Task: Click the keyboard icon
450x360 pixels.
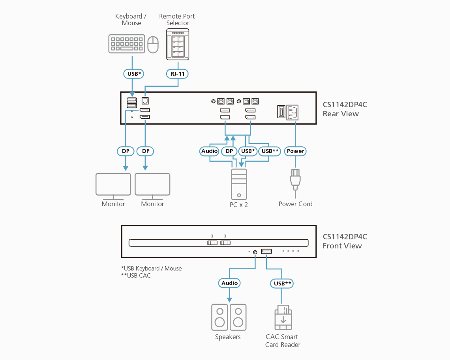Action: point(126,44)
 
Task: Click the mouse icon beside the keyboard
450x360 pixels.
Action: point(153,45)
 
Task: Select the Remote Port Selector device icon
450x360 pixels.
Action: point(178,44)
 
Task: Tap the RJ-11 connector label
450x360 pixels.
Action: point(177,73)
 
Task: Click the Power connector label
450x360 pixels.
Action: point(295,151)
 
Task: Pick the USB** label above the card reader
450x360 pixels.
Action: point(282,283)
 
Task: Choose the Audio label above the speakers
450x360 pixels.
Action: point(229,283)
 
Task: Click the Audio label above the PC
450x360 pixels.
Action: point(209,151)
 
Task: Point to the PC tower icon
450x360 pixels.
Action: point(239,184)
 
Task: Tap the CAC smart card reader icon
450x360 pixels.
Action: point(283,317)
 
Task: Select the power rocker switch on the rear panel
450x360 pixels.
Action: point(280,112)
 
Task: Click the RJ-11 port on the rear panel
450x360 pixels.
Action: point(145,101)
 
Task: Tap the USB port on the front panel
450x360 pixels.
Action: point(266,252)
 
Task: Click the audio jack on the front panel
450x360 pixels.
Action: point(255,252)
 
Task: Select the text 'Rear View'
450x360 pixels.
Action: point(341,114)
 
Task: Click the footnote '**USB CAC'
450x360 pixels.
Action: point(136,276)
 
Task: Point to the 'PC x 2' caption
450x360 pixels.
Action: point(239,205)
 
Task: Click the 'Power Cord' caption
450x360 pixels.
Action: point(295,204)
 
